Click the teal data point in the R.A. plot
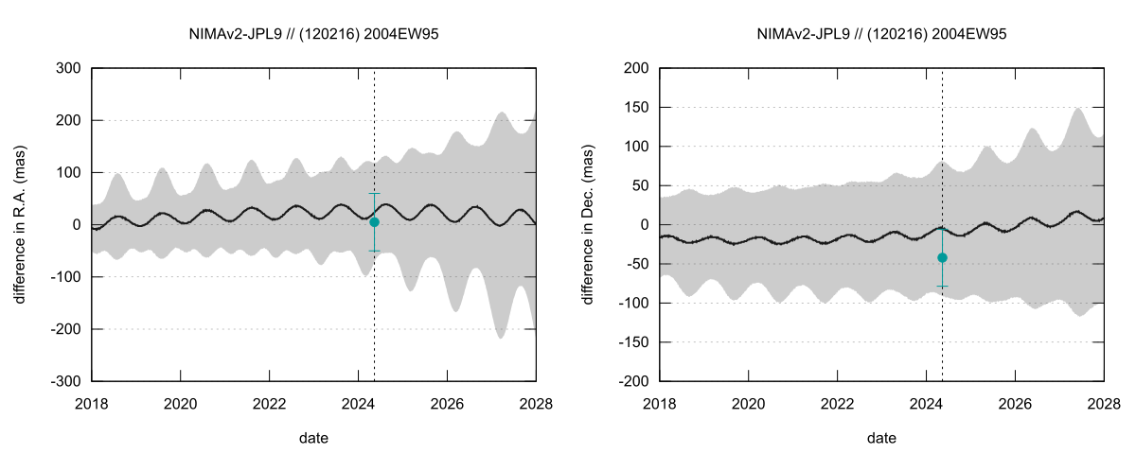(374, 222)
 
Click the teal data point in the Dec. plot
(942, 257)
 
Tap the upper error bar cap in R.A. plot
(374, 193)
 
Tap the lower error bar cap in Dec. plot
(942, 286)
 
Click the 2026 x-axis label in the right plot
(1015, 402)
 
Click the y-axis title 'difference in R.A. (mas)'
(19, 225)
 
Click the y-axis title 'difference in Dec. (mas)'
(587, 225)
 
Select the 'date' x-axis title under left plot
(313, 438)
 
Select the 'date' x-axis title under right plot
(881, 438)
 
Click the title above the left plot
(313, 34)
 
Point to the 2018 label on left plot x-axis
(92, 402)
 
